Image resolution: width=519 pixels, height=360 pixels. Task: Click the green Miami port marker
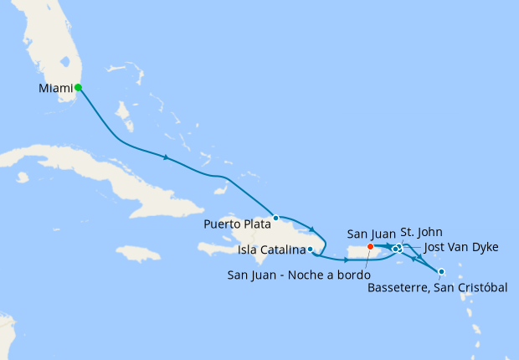[x=78, y=87]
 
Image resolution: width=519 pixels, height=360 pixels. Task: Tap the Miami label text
[x=55, y=88]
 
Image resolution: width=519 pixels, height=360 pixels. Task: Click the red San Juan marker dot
[x=370, y=246]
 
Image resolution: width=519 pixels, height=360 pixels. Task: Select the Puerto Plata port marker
[x=275, y=218]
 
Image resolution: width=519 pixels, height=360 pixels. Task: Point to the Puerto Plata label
[x=238, y=224]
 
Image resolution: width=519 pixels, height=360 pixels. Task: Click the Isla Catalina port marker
[x=311, y=249]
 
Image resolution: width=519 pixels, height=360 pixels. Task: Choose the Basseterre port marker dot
[x=441, y=270]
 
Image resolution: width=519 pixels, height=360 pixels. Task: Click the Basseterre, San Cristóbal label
[x=438, y=288]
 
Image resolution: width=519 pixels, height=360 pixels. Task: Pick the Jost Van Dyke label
[x=461, y=247]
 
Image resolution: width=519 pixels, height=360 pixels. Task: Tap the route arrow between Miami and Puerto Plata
[x=167, y=157]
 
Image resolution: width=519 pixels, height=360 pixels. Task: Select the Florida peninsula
[x=50, y=50]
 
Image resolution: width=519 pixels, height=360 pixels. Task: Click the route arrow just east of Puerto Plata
[x=311, y=229]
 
